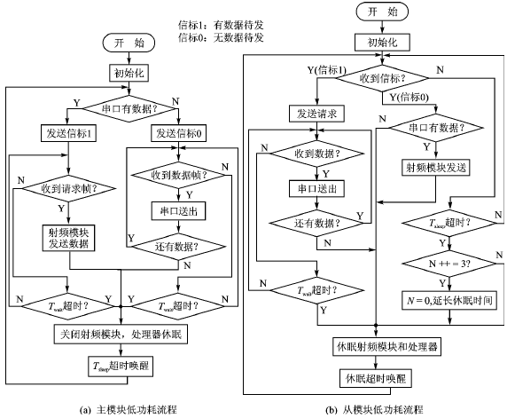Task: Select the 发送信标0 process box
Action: point(177,133)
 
